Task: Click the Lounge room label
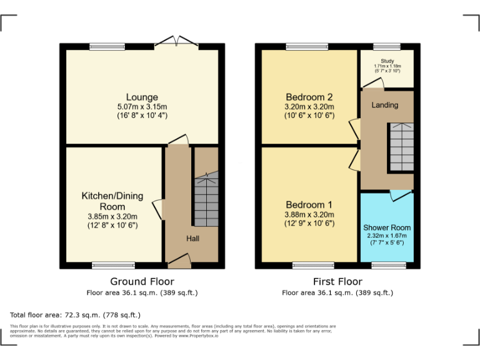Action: (142, 97)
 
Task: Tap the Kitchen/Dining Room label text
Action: (112, 201)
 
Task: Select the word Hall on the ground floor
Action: (192, 238)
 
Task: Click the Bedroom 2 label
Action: (309, 97)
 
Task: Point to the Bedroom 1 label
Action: (309, 205)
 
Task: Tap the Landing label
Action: (384, 105)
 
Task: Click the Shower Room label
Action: (387, 227)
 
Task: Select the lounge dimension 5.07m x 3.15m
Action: (142, 107)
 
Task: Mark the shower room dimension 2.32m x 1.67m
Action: (387, 236)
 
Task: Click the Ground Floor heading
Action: (142, 281)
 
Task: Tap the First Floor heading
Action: (337, 281)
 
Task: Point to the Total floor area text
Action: (76, 315)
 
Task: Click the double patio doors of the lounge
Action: (176, 42)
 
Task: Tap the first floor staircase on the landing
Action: (401, 147)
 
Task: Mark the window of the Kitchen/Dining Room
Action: (113, 265)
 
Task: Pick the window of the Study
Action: (387, 46)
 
